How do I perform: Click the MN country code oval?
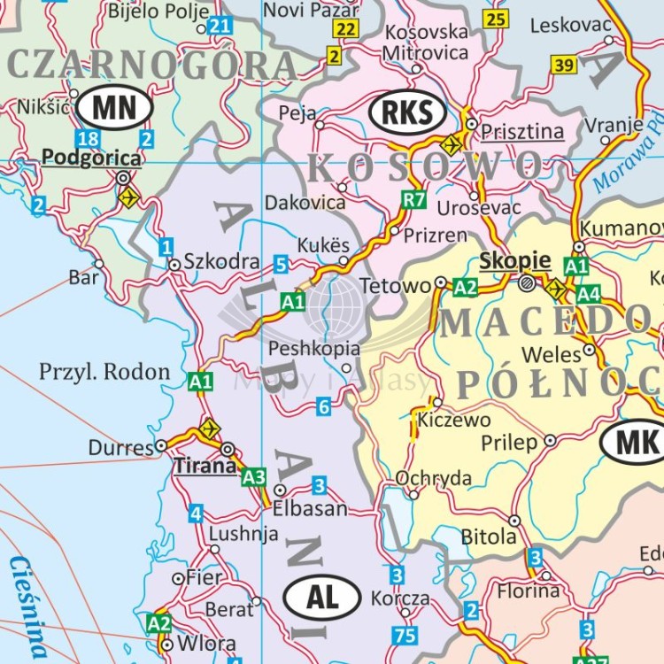tap(114, 109)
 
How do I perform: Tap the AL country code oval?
tap(323, 598)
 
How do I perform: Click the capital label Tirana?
tap(205, 466)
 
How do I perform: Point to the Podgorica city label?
tap(91, 158)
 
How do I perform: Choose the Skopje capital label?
tap(514, 261)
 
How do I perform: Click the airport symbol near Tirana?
tap(209, 429)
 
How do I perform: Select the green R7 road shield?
tap(413, 199)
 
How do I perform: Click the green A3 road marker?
tap(254, 477)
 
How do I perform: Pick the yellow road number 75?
tap(405, 635)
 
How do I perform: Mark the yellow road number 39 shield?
tap(564, 65)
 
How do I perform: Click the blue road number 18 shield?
tap(88, 139)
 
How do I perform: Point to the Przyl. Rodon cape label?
tap(104, 372)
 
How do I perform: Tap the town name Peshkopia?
tap(314, 348)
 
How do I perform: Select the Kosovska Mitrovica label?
tap(425, 42)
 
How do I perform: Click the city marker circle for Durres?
tap(161, 445)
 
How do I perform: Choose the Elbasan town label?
tap(310, 510)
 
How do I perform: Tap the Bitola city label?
tap(489, 537)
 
